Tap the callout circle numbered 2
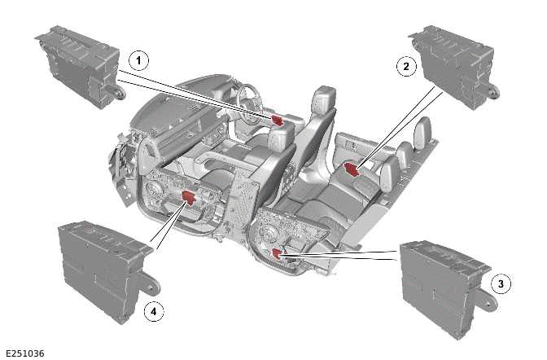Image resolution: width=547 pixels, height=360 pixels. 405,67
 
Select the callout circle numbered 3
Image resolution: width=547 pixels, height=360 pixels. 502,283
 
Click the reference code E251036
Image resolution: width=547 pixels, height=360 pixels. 25,353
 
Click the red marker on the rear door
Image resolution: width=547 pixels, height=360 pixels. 278,255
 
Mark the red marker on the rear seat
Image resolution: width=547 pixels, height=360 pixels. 352,169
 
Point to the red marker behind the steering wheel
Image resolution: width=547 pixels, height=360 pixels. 278,119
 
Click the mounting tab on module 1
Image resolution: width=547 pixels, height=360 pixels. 118,92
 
